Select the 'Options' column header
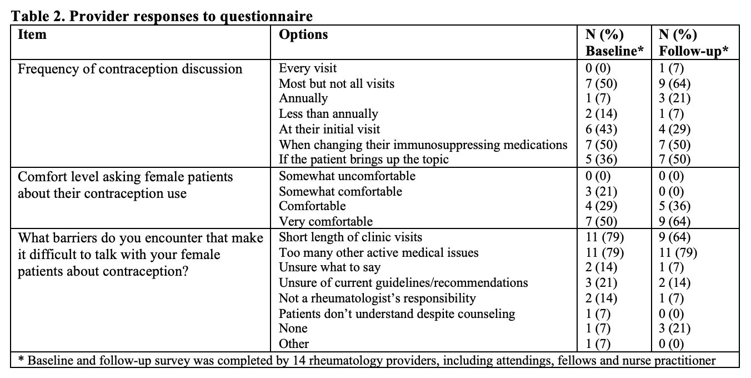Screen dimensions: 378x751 pos(303,34)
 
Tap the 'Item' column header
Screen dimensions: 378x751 pos(32,34)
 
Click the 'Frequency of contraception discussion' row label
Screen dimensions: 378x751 pos(130,69)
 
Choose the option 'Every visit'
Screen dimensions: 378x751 pos(308,68)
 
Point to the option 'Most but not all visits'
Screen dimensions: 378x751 pos(337,83)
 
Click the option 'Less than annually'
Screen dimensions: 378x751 pos(328,114)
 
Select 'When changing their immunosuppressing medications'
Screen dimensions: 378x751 pos(423,145)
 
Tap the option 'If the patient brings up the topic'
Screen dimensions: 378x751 pos(363,160)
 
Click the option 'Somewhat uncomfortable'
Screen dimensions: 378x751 pos(347,176)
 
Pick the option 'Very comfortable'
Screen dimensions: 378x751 pos(326,222)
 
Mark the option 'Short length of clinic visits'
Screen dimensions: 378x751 pos(351,237)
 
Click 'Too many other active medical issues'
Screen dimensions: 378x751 pos(378,253)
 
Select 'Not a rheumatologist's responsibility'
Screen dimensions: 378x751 pos(377,298)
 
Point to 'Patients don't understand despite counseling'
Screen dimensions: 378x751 pos(397,314)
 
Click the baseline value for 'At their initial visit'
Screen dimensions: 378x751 pos(602,130)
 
